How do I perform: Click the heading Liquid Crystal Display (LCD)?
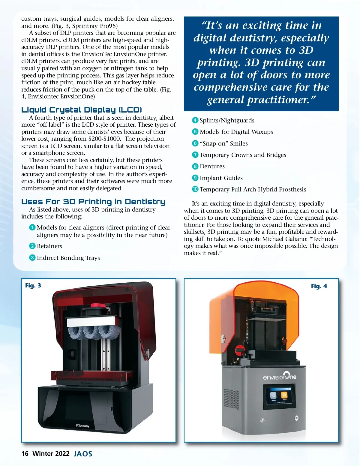[x=82, y=110]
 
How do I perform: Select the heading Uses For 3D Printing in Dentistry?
[x=93, y=202]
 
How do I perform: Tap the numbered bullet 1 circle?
[x=32, y=227]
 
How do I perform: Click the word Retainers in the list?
[x=49, y=246]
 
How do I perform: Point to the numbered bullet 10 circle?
[x=195, y=189]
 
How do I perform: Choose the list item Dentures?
[x=212, y=166]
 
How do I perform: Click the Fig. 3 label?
[x=33, y=285]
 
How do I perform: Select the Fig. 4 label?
[x=319, y=286]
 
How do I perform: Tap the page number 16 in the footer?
[x=25, y=453]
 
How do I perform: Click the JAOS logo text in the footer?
[x=83, y=454]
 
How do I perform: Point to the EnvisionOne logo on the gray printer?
[x=279, y=376]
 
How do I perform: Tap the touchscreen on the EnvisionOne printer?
[x=279, y=397]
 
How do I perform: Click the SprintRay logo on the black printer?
[x=83, y=425]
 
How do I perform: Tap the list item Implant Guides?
[x=221, y=178]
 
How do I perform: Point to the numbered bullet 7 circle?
[x=195, y=155]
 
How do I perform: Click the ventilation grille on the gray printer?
[x=232, y=399]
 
